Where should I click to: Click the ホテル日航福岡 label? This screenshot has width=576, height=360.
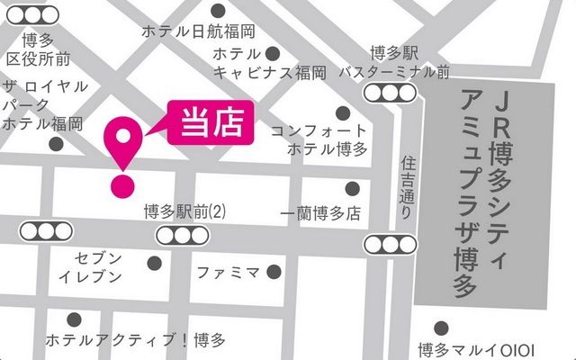pyautogui.click(x=198, y=31)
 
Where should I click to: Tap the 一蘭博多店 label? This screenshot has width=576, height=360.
pyautogui.click(x=319, y=214)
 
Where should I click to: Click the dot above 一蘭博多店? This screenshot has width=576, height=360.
pyautogui.click(x=352, y=188)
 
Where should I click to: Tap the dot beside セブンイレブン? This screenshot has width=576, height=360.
pyautogui.click(x=154, y=263)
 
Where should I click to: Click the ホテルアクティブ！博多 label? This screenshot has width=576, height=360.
pyautogui.click(x=135, y=341)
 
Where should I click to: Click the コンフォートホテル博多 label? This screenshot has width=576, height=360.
pyautogui.click(x=319, y=139)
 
